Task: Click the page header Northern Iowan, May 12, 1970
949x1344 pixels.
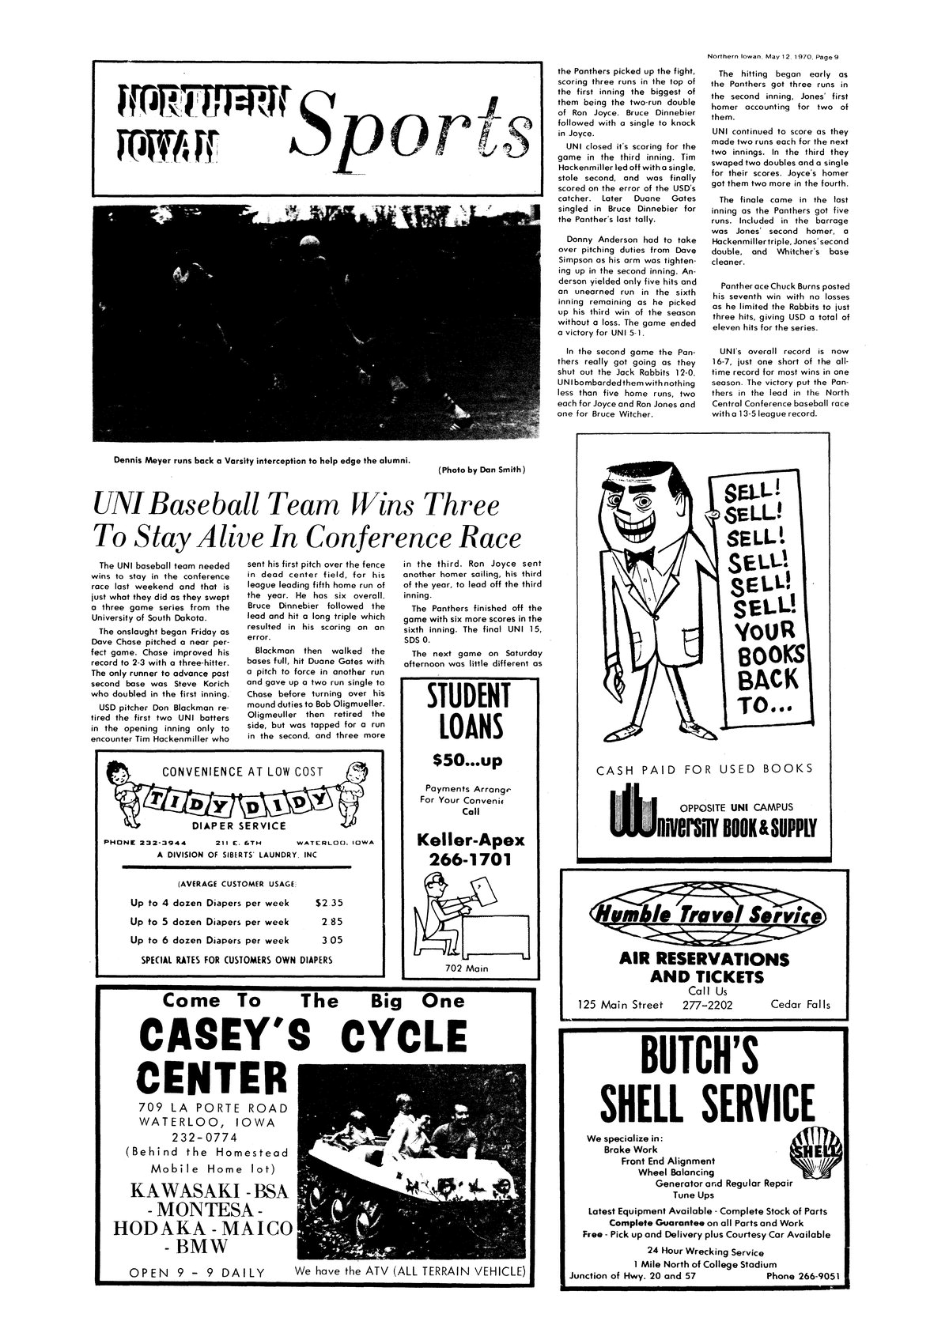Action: point(772,56)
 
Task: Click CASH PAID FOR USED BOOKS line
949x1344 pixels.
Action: point(705,768)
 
